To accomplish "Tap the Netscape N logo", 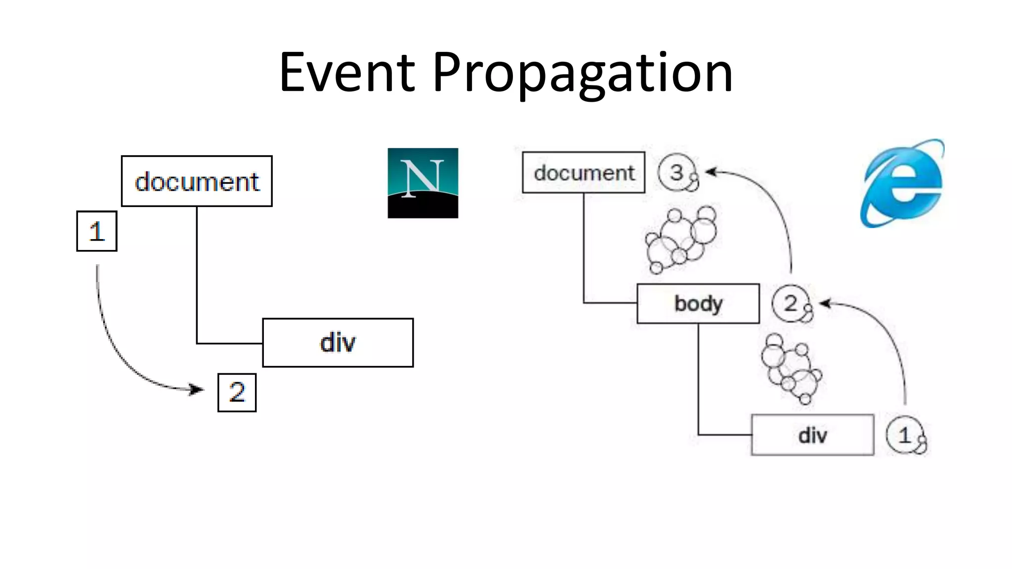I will click(x=422, y=183).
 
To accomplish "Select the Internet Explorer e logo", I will click(x=902, y=183).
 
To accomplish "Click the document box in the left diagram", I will click(x=197, y=181).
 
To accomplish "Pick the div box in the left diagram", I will click(x=337, y=343).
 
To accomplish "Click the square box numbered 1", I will click(x=97, y=231).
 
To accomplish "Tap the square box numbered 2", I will click(x=237, y=393).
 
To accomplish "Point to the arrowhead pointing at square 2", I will click(x=198, y=390).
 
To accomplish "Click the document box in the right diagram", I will click(x=584, y=172).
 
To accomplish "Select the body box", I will click(x=698, y=303).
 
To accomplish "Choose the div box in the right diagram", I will click(x=812, y=435).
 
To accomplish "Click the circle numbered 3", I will click(x=677, y=172).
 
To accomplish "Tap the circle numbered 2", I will click(x=791, y=303).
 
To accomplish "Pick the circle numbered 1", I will click(x=905, y=435).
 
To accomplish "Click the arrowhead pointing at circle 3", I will click(x=711, y=172).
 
